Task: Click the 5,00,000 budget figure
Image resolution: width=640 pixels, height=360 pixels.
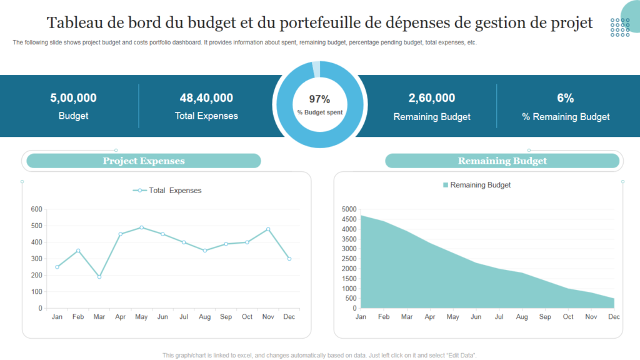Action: point(73,97)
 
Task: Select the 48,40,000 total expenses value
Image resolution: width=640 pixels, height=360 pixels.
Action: point(206,97)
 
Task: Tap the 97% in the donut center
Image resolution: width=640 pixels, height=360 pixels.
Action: point(319,99)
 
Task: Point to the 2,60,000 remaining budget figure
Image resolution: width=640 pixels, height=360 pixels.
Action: point(431,97)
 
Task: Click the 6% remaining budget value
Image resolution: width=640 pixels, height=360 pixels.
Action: point(565,97)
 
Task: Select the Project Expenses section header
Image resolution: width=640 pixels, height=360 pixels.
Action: point(144,161)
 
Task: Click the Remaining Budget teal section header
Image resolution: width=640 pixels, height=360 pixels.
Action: point(502,161)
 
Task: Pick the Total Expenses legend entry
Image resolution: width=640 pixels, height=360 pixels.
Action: point(167,190)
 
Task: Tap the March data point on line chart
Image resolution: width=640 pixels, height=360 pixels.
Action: point(99,277)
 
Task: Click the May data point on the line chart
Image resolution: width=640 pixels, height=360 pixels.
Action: point(142,227)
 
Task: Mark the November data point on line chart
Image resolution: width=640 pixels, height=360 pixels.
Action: point(268,229)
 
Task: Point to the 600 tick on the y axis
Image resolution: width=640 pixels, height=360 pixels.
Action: point(36,209)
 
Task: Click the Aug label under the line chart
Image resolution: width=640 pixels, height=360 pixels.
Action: point(205,317)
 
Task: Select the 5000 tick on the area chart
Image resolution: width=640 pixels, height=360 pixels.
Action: point(349,209)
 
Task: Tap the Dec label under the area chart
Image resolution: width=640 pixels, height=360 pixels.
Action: point(614,317)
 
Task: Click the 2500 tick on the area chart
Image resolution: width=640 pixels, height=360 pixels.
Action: point(349,259)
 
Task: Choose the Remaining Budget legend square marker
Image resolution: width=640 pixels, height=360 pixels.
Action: point(446,185)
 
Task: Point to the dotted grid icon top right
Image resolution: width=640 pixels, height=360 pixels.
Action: point(620,27)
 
